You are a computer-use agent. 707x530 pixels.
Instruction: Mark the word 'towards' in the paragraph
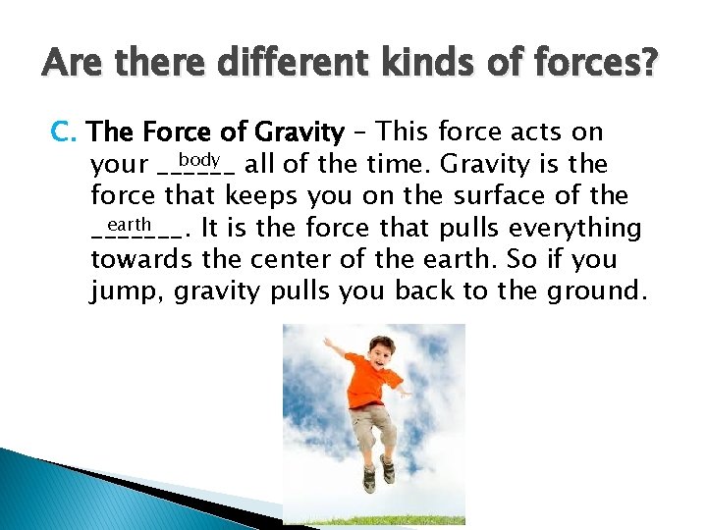point(141,260)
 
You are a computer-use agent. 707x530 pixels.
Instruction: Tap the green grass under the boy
point(373,518)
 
